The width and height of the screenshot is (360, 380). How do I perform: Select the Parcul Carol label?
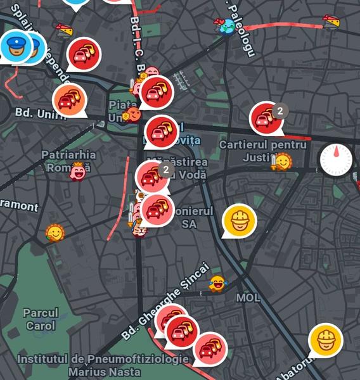[41, 319]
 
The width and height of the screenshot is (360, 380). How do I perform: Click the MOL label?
[248, 297]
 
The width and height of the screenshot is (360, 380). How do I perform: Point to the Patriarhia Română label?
[68, 161]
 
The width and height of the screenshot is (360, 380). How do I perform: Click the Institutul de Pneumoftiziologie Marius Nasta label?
[103, 365]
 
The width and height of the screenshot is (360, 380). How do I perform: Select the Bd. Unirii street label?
[39, 115]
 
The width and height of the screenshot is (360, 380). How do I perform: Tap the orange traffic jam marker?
[70, 99]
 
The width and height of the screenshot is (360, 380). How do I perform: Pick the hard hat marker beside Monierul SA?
[240, 220]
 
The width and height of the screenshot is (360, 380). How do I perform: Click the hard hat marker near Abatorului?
[325, 339]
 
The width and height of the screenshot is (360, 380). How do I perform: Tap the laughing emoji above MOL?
[217, 283]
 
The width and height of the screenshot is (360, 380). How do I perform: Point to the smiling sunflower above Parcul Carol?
[55, 234]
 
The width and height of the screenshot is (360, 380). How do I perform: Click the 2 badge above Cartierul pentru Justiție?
[280, 111]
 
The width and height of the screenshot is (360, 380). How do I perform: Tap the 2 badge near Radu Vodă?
[165, 170]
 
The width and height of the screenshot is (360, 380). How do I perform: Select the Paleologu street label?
[240, 28]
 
